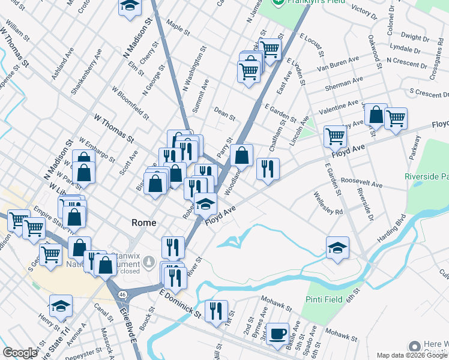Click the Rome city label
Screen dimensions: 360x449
[144, 223]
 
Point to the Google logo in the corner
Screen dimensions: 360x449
[19, 353]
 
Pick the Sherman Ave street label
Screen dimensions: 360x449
[343, 83]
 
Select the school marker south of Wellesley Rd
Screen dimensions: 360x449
[337, 248]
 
